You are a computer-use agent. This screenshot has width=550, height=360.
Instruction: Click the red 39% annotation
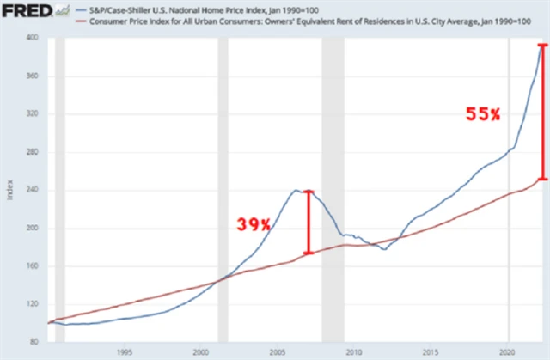coord(254,224)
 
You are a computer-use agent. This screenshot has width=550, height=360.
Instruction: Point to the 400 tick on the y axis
coord(32,39)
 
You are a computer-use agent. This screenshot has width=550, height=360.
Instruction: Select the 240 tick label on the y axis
coord(32,190)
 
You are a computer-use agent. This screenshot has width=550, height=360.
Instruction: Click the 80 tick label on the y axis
coord(34,342)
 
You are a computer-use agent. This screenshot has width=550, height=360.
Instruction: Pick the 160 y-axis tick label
coord(32,266)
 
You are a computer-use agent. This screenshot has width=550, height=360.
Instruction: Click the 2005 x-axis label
coord(278,352)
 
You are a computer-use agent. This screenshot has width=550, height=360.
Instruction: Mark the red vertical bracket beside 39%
coord(309,222)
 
